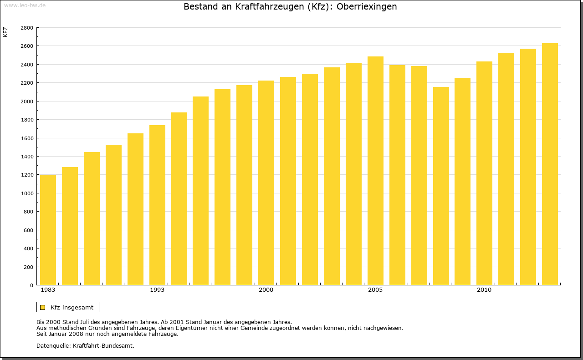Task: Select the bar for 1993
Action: pos(157,205)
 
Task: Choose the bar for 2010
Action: pos(484,173)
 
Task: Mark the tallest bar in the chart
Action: pos(550,164)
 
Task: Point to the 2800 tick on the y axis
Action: pos(27,28)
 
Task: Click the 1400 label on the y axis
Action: pos(27,157)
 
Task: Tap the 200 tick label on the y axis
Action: pos(29,267)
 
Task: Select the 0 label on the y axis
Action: pos(31,285)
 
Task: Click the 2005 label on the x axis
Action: pos(375,290)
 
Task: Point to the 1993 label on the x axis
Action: pos(157,290)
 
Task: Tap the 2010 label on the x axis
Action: pos(484,290)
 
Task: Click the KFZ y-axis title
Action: pos(5,32)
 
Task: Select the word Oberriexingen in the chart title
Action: pos(367,7)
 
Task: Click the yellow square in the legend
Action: pos(43,307)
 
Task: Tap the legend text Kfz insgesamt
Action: pos(72,307)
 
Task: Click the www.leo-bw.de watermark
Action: pos(24,5)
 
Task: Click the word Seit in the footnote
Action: pos(42,334)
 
